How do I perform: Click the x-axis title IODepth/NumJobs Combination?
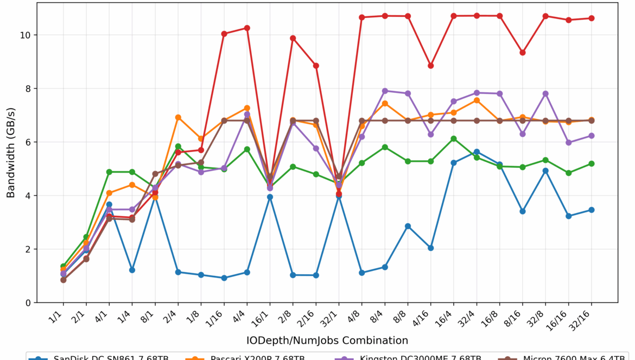pos(327,340)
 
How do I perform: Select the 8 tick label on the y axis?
pos(28,89)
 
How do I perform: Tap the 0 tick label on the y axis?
pos(28,302)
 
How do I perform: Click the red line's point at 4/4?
pos(247,28)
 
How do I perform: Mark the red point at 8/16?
pos(523,53)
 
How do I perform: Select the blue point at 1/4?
pos(132,270)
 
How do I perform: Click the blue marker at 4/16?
pos(431,248)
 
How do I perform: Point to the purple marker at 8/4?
pos(385,91)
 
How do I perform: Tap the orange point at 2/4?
pos(178,117)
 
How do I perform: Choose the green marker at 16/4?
pos(454,138)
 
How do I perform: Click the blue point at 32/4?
pos(477,151)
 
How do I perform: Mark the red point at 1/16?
pos(224,34)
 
